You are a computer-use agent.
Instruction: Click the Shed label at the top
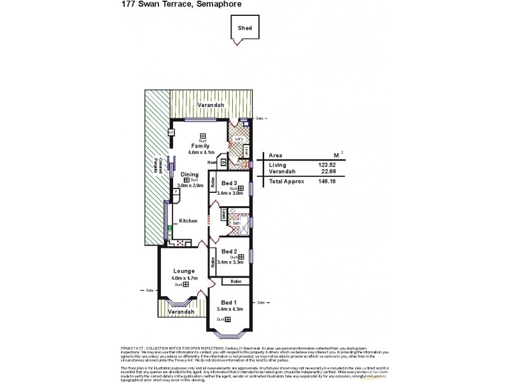click(x=245, y=29)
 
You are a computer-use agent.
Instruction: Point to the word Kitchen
click(x=189, y=221)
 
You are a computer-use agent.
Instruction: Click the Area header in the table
click(x=276, y=155)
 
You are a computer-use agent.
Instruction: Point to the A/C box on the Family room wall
click(x=171, y=132)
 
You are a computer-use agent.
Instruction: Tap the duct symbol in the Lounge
click(x=185, y=285)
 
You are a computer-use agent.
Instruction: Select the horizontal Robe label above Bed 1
click(x=235, y=281)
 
